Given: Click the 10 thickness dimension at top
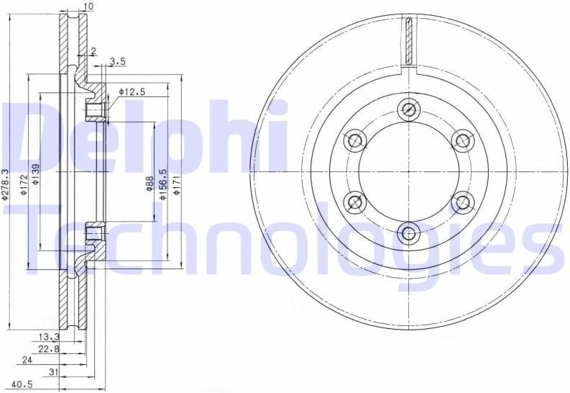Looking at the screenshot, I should point(89,7).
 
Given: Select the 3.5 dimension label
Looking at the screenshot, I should point(118,62).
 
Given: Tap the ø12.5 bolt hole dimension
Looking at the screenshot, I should point(132,92).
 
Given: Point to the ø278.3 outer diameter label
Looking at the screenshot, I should point(6,185).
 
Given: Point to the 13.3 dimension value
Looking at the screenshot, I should point(48,336).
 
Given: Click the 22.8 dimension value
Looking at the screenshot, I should point(48,348).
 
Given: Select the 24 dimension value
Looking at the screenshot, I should point(27,360).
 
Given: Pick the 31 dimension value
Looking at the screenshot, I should point(52,371).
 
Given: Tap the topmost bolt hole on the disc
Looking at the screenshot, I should point(409,109).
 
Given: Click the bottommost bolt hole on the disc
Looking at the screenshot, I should point(409,232).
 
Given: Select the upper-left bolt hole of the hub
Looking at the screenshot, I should point(354,140).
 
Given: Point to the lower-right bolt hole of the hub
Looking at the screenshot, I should point(463,202).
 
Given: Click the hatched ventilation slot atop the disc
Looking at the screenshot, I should point(408,40).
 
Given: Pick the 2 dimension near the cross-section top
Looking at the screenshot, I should point(93,51).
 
